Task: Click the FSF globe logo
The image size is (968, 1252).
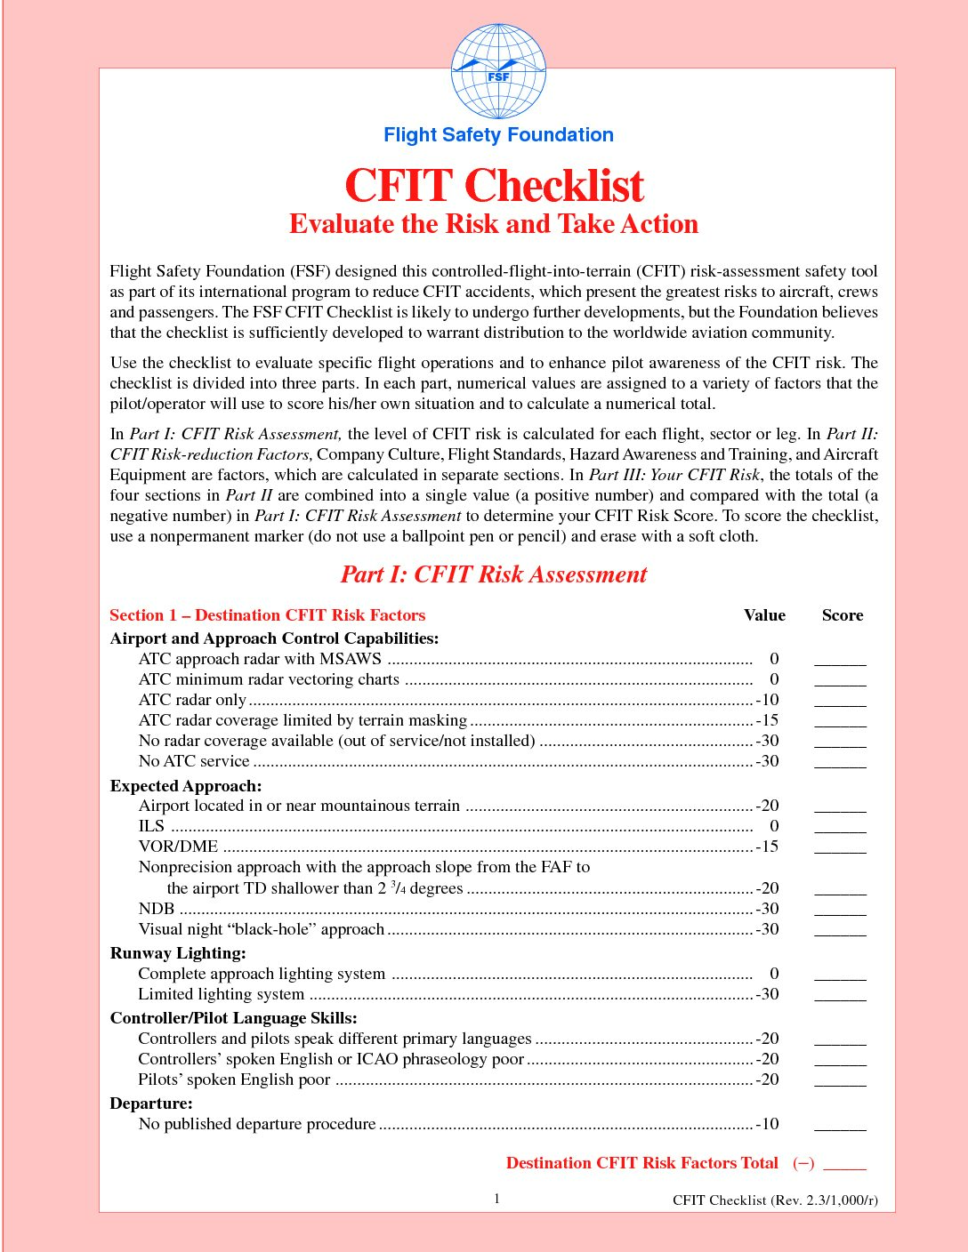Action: coord(498,72)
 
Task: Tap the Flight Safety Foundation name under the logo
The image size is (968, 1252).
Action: coord(498,135)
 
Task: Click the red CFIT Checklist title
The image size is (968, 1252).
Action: coord(494,186)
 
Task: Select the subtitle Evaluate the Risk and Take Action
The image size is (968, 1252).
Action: coord(494,224)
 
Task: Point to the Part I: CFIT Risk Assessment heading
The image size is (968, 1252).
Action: coord(494,574)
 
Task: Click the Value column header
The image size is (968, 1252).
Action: coord(764,615)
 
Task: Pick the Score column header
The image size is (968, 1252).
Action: coord(842,615)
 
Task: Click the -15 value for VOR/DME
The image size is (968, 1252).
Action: coord(767,847)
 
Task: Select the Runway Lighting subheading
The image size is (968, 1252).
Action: coord(178,953)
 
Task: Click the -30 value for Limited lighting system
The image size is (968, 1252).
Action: coord(767,994)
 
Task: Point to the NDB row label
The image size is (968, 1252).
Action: coord(157,909)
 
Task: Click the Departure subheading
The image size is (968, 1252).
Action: coord(151,1104)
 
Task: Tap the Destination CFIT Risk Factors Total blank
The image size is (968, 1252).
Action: coord(844,1165)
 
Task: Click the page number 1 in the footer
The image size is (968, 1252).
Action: coord(497,1199)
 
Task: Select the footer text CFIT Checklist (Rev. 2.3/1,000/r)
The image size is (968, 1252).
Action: coord(775,1200)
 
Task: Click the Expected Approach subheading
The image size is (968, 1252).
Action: coord(186,786)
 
